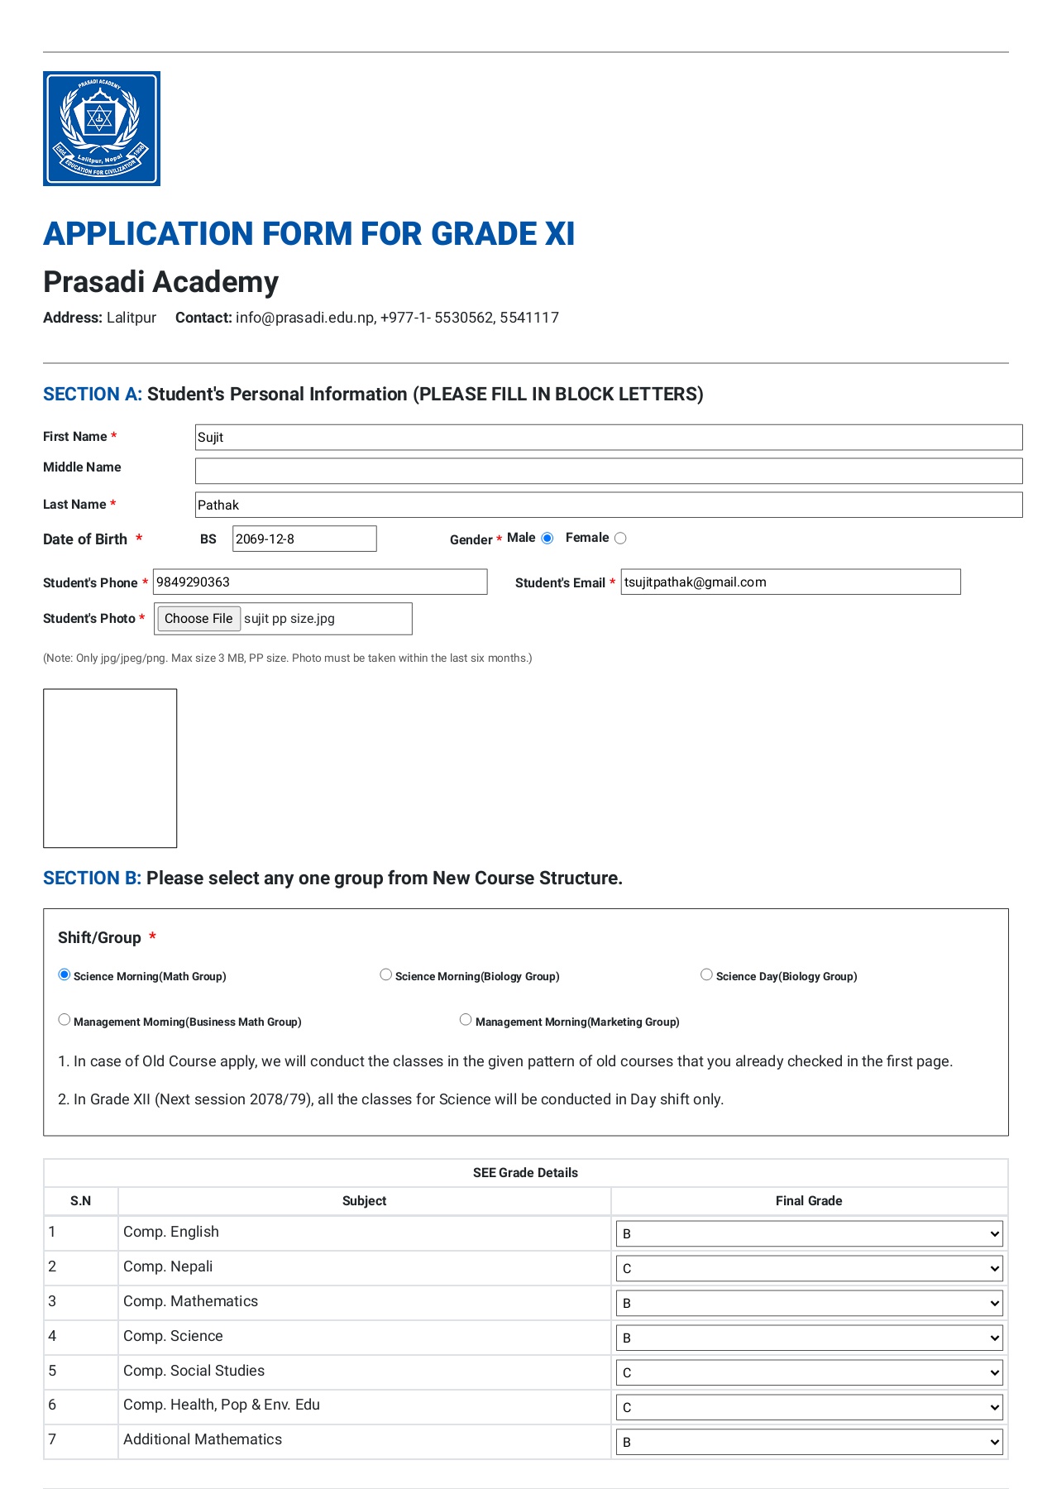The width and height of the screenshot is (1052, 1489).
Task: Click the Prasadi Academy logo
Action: pyautogui.click(x=102, y=128)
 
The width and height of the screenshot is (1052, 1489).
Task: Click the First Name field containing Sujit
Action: pyautogui.click(x=608, y=438)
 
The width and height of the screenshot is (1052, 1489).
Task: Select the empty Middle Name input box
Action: pyautogui.click(x=608, y=471)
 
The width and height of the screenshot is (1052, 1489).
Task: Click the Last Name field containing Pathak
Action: pyautogui.click(x=608, y=505)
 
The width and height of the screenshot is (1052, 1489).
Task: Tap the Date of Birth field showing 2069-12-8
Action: pyautogui.click(x=304, y=539)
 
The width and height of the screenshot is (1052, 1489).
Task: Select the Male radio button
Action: pyautogui.click(x=548, y=539)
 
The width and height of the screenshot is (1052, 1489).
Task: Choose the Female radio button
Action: pyautogui.click(x=620, y=539)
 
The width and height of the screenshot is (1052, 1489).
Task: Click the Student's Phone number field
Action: pyautogui.click(x=319, y=582)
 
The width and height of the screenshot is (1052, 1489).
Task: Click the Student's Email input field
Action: pyautogui.click(x=790, y=582)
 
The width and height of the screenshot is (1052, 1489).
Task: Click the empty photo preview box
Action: pyautogui.click(x=110, y=768)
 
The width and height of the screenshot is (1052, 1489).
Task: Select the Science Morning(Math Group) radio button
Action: pyautogui.click(x=65, y=974)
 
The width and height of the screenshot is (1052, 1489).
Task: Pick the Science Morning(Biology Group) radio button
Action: pyautogui.click(x=385, y=974)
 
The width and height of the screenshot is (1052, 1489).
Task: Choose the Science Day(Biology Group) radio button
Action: pyautogui.click(x=706, y=974)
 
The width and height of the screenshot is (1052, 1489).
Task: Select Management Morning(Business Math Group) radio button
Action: pyautogui.click(x=65, y=1020)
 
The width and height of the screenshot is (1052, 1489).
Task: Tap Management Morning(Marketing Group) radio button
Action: pyautogui.click(x=466, y=1020)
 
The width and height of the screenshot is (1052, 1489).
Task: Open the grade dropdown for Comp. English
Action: pyautogui.click(x=809, y=1233)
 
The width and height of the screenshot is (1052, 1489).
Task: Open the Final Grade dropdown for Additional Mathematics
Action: pyautogui.click(x=809, y=1442)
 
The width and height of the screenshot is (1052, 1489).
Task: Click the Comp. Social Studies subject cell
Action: pyautogui.click(x=364, y=1371)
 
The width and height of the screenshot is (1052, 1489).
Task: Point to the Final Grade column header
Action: pyautogui.click(x=809, y=1200)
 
